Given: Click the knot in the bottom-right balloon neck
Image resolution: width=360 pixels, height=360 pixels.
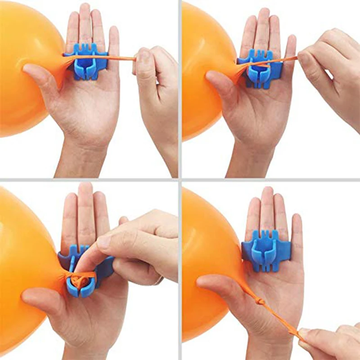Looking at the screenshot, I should click(x=260, y=301).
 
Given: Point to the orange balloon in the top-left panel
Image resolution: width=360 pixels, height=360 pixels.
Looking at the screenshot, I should click(x=22, y=67).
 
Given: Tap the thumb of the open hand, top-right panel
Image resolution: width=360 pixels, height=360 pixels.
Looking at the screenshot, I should click(x=220, y=81).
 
